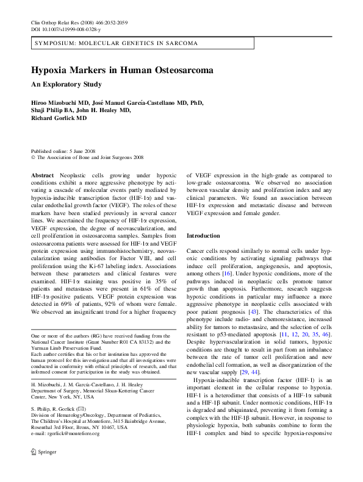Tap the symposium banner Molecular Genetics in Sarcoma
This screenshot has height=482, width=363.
pyautogui.click(x=115, y=44)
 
